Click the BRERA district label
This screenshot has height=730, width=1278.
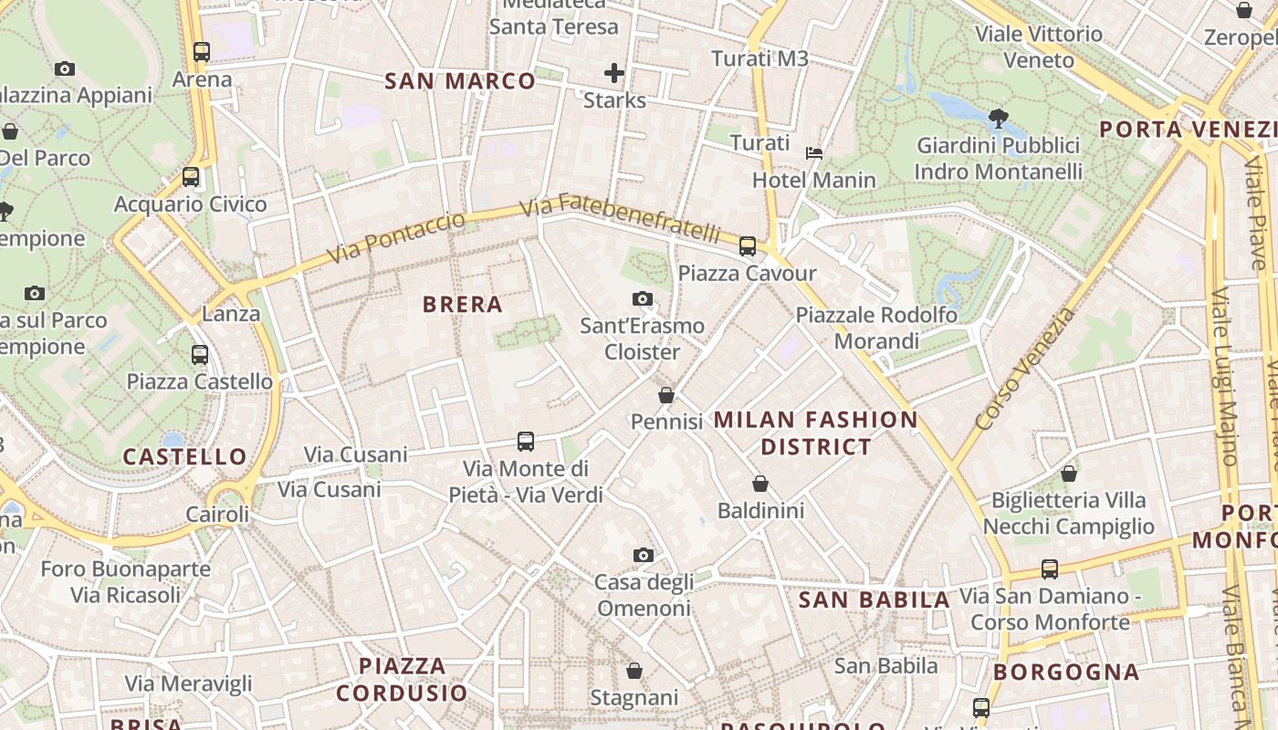click(x=463, y=305)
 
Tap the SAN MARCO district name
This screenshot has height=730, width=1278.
click(x=460, y=81)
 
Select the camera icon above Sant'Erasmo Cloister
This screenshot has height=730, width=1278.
click(x=643, y=298)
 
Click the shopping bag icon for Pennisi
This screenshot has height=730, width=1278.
click(x=666, y=395)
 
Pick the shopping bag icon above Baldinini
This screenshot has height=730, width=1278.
click(x=760, y=484)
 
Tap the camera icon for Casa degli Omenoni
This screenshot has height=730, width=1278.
click(x=644, y=555)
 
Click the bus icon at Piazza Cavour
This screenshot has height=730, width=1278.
click(x=748, y=245)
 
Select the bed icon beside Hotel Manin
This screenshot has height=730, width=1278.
click(x=813, y=152)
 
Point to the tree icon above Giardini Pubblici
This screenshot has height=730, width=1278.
click(x=998, y=118)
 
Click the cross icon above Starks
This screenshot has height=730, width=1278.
click(x=614, y=73)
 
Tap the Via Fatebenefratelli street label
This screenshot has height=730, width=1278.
click(x=621, y=218)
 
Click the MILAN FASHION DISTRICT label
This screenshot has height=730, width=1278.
click(x=815, y=433)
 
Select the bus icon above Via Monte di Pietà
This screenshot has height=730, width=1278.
click(x=526, y=442)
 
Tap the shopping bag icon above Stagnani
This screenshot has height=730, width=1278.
click(x=634, y=671)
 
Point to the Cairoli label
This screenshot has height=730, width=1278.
click(x=217, y=514)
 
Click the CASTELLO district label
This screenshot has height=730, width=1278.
click(x=185, y=456)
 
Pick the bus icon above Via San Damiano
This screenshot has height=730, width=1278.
click(x=1050, y=569)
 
